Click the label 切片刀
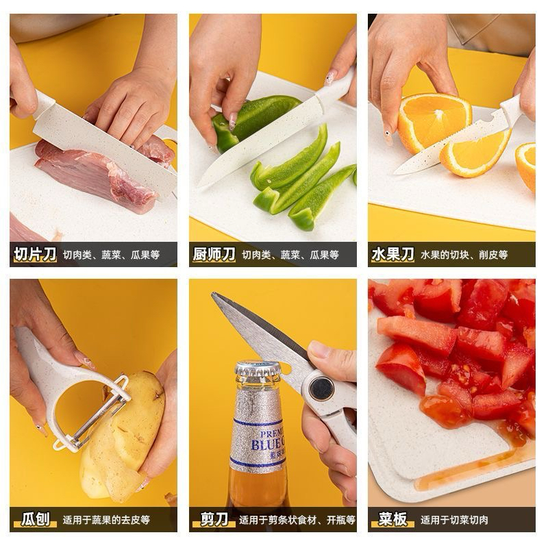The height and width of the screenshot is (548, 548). pos(35,254)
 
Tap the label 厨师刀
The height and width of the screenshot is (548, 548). pos(214,254)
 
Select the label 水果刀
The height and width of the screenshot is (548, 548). pos(393,254)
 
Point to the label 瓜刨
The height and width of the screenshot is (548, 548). pos(36,519)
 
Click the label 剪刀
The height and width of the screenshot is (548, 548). pos(214,519)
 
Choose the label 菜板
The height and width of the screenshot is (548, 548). pos(393,519)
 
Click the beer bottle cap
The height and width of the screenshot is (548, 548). pos(258,369)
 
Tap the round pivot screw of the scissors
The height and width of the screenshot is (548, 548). pos(321,388)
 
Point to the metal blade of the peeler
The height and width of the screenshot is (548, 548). pos(99,414)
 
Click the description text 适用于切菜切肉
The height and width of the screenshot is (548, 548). pos(454,520)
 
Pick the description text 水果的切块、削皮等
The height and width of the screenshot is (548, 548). pos(464,255)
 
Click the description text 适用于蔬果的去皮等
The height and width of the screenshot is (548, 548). pos(106,520)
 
